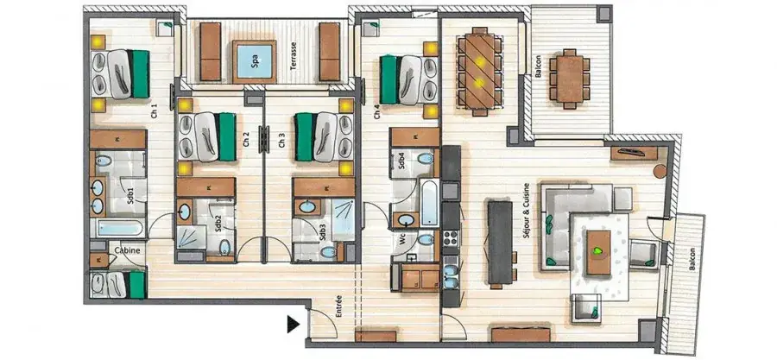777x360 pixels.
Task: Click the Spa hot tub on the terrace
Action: point(254,62)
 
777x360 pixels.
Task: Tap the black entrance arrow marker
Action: point(294,325)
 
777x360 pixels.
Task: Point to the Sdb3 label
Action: point(322,232)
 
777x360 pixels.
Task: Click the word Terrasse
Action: point(294,55)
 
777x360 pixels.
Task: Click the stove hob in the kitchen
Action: point(452,240)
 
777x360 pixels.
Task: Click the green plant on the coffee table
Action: point(598,251)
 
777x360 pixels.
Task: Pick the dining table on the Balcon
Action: point(570,79)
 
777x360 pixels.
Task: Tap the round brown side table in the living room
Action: point(660,171)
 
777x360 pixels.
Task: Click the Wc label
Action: point(403,241)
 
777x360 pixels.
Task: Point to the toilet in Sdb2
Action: point(225,247)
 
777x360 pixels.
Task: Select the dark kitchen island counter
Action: point(500,242)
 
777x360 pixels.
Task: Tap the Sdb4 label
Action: point(402,163)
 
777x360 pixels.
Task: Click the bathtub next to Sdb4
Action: point(429,203)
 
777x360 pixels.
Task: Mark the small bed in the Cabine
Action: point(118,285)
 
